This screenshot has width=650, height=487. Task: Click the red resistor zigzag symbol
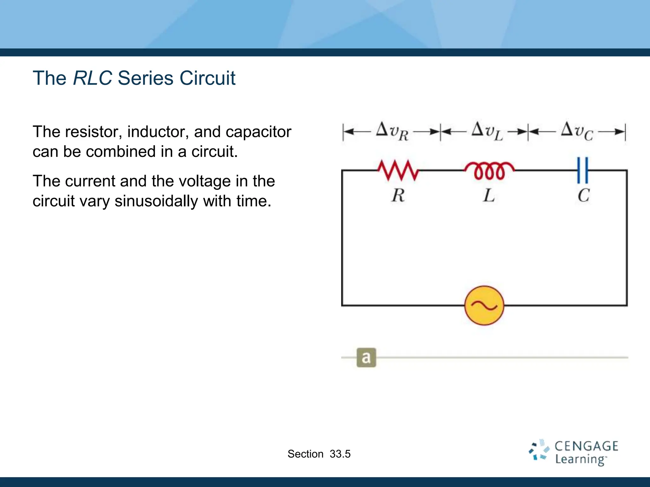click(x=398, y=170)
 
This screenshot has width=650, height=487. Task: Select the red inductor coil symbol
click(x=489, y=171)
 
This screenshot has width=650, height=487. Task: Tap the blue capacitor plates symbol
click(x=583, y=170)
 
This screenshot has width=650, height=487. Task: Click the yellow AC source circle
click(x=484, y=306)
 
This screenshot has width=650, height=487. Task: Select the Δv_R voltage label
click(x=392, y=131)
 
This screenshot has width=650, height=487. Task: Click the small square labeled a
click(x=366, y=358)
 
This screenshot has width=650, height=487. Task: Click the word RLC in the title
click(x=92, y=78)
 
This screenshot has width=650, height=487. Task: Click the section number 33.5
click(x=340, y=454)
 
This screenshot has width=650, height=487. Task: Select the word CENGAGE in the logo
click(x=586, y=446)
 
